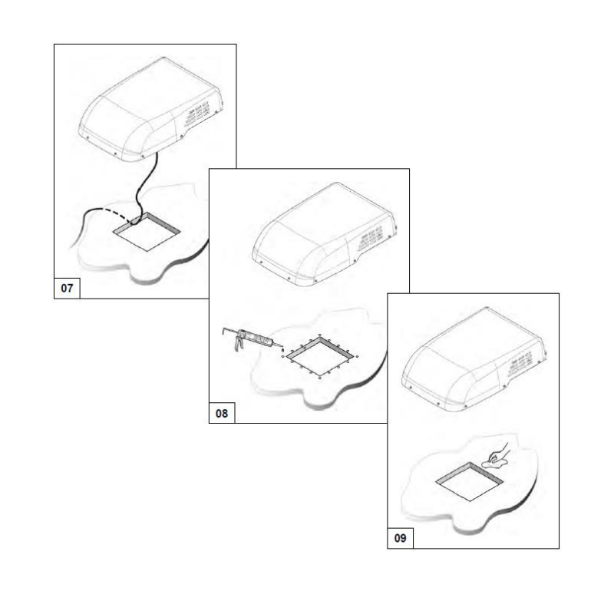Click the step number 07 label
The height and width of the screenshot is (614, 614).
coord(67,289)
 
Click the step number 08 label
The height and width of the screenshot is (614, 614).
coord(222,413)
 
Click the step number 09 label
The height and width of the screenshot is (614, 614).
coord(400,538)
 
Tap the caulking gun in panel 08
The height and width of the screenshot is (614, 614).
coord(251,338)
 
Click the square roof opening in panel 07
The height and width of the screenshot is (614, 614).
coord(147,232)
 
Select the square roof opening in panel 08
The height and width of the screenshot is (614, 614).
coord(320,357)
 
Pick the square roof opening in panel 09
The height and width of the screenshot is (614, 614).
coord(470,481)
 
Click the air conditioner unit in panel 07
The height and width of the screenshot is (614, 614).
coord(150,110)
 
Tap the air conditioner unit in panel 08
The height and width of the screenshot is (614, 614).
coord(324,234)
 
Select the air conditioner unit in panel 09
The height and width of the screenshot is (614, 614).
coord(474,358)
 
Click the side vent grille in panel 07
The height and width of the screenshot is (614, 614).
coord(197,114)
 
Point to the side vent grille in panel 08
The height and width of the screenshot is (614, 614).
coord(371,239)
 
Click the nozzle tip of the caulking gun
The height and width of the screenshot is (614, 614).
coord(281,346)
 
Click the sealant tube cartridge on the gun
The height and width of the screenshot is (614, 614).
coord(256,338)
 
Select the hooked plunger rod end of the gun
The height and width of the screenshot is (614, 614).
coord(224,331)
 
